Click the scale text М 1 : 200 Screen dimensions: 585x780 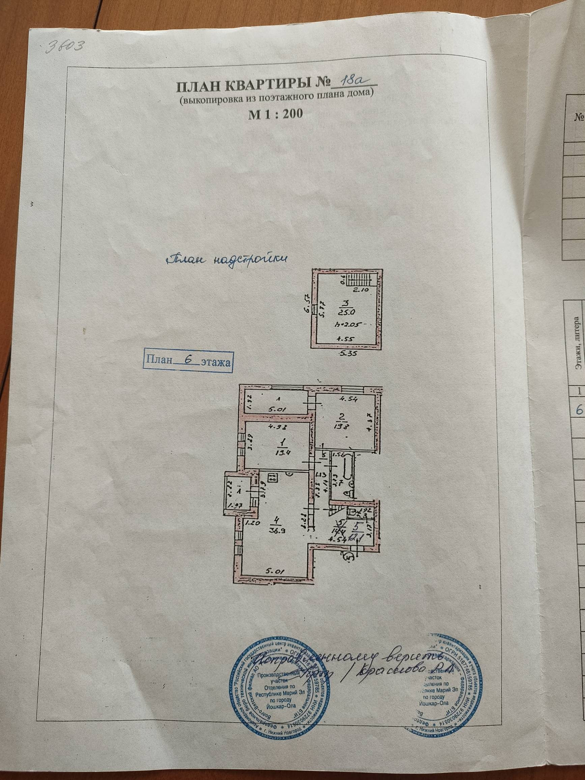point(275,114)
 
